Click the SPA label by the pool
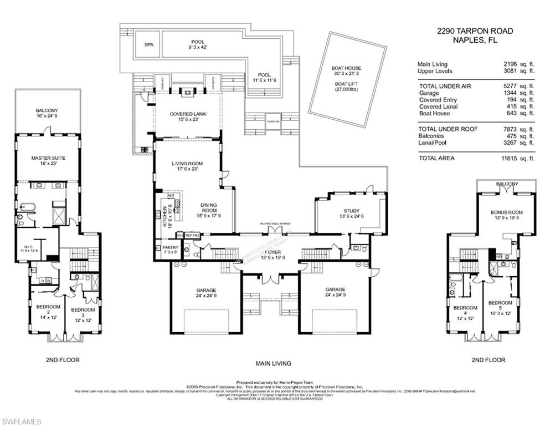(x=148, y=45)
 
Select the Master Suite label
(x=48, y=159)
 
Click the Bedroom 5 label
(x=500, y=303)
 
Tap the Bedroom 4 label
(x=465, y=308)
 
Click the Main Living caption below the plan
(x=273, y=364)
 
